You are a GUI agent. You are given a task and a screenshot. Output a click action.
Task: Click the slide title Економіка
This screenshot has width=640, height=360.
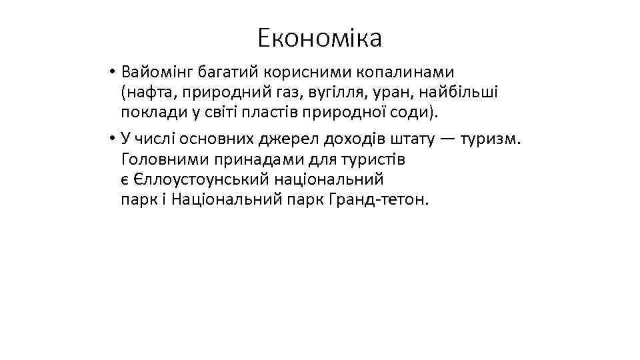click(320, 38)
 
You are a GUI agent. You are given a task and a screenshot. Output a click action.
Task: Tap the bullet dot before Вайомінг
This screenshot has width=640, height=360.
click(115, 71)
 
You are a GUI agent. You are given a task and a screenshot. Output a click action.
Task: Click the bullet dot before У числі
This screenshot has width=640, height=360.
click(115, 139)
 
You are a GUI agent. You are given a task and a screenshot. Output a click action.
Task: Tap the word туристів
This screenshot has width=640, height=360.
click(371, 159)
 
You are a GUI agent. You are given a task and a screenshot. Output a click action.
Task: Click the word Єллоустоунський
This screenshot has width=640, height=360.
click(198, 179)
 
